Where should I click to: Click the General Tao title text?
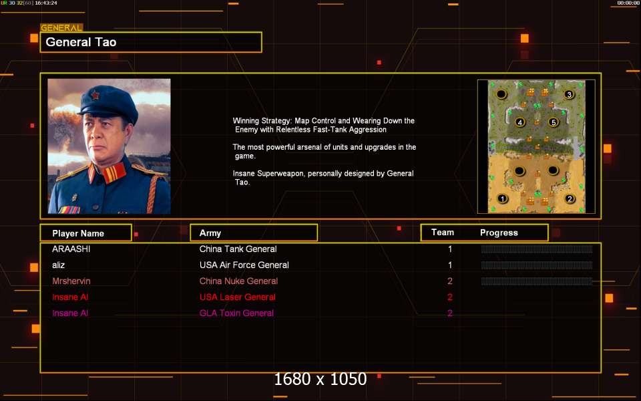(x=81, y=42)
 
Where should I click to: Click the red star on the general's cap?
(x=95, y=96)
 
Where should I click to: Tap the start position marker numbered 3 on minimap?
(x=569, y=94)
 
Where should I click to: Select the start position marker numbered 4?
(x=520, y=122)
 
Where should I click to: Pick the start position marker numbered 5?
(x=554, y=122)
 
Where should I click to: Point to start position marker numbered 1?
(x=502, y=199)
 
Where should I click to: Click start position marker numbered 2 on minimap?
(x=570, y=199)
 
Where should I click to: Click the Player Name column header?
(x=78, y=233)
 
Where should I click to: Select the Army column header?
(x=210, y=233)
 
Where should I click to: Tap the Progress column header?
(x=499, y=233)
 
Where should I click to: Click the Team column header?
(x=443, y=233)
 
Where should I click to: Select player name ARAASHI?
(x=71, y=249)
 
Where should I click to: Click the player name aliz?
(x=59, y=265)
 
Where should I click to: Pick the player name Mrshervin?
(x=71, y=281)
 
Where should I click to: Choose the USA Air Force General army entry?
(x=244, y=265)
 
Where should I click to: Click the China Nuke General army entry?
(x=239, y=281)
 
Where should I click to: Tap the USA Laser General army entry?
(x=238, y=297)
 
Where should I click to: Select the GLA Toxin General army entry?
(x=236, y=313)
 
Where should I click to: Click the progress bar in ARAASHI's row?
(x=537, y=249)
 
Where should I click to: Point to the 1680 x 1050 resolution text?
(x=320, y=379)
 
